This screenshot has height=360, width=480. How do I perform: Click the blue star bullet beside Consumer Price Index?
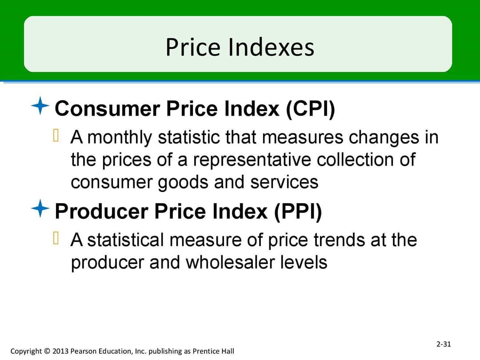click(x=40, y=106)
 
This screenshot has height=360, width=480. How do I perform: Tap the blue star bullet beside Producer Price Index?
click(x=40, y=208)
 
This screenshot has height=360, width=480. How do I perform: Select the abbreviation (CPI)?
click(x=310, y=109)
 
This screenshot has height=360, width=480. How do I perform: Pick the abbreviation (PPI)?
click(x=298, y=212)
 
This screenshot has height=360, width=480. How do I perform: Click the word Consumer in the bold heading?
click(x=108, y=109)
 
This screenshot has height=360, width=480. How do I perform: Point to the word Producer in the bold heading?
click(x=101, y=212)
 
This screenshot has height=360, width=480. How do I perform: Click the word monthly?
click(x=120, y=137)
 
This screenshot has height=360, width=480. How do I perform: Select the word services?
click(x=284, y=182)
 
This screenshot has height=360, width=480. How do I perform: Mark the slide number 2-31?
click(x=444, y=344)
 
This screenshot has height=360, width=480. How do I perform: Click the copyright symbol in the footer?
click(x=47, y=351)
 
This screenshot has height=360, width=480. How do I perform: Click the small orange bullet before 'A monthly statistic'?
click(x=56, y=135)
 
